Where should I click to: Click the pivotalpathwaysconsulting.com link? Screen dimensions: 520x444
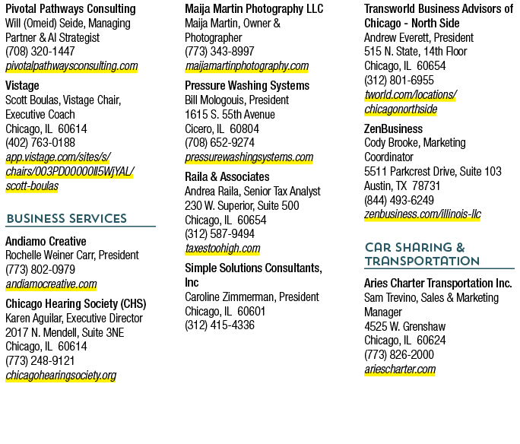point(71,66)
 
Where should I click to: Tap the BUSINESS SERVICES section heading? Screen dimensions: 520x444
point(67,218)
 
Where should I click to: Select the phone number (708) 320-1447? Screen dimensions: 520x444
point(40,52)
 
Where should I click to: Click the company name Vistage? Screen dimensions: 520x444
point(22,86)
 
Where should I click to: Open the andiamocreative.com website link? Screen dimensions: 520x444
point(51,284)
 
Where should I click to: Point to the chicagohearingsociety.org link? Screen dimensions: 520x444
point(61,376)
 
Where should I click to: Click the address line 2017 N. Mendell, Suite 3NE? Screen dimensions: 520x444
point(65,332)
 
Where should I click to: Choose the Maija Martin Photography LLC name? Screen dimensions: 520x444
point(254,9)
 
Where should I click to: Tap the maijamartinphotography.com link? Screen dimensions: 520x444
point(247,66)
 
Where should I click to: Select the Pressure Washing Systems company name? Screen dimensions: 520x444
point(247,86)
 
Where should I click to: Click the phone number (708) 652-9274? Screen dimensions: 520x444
point(220,143)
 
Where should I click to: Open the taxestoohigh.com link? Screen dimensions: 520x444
point(223,249)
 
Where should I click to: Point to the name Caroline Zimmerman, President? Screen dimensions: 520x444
point(252,297)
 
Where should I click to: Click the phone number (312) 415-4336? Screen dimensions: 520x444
point(220,325)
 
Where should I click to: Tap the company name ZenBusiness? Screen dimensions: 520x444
point(393,128)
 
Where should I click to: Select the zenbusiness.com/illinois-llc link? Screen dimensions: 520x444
point(423,214)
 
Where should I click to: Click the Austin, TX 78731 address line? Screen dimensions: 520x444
point(402,186)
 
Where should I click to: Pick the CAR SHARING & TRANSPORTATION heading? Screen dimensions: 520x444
point(422,255)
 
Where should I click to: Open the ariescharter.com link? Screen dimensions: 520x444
point(400,369)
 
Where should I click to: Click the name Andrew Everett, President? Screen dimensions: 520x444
point(419,37)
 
